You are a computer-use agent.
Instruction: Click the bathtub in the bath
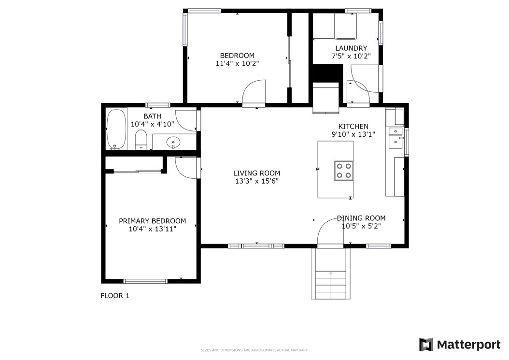(116, 130)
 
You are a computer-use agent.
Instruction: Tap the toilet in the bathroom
(141, 140)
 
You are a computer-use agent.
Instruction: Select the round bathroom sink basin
(173, 142)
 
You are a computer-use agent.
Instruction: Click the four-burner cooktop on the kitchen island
(344, 171)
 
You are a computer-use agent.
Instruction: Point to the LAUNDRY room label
(351, 48)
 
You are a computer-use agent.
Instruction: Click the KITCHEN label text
(353, 127)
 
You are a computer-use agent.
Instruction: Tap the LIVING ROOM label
(257, 173)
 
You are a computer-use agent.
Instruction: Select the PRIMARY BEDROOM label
(152, 221)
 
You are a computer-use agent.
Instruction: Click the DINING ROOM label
(361, 218)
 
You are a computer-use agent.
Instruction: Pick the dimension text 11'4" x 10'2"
(237, 63)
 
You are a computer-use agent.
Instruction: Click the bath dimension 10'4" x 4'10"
(153, 124)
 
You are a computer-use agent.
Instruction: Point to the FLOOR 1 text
(115, 296)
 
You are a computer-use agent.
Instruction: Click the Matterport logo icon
(426, 345)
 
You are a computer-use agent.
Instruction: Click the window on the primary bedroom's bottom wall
(145, 281)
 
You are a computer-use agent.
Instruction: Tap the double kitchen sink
(396, 138)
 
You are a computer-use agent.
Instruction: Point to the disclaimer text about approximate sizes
(254, 350)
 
